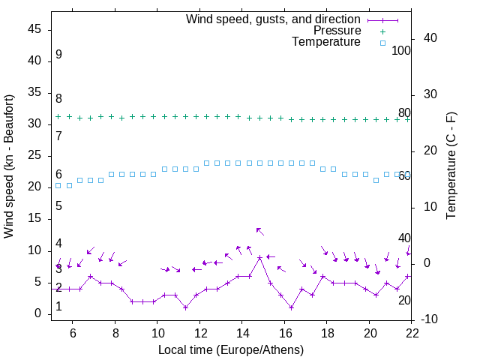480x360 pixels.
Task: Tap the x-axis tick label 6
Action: click(x=73, y=333)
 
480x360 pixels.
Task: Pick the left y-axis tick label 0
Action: click(x=39, y=313)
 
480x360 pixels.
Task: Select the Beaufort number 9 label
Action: click(x=58, y=55)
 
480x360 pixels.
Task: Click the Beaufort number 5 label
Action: click(x=58, y=206)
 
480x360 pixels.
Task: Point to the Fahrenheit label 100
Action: click(x=401, y=51)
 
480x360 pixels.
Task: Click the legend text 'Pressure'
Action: click(x=337, y=31)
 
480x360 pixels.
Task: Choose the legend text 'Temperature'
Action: click(x=326, y=42)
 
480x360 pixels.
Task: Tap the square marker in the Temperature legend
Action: click(x=382, y=43)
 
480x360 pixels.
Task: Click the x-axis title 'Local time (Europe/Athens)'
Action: click(x=231, y=349)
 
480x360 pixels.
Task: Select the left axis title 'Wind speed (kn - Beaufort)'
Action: click(x=9, y=166)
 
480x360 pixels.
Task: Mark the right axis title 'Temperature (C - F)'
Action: click(x=451, y=166)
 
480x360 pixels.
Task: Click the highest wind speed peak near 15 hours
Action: click(x=260, y=257)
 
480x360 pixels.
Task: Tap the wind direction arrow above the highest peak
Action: click(x=259, y=231)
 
